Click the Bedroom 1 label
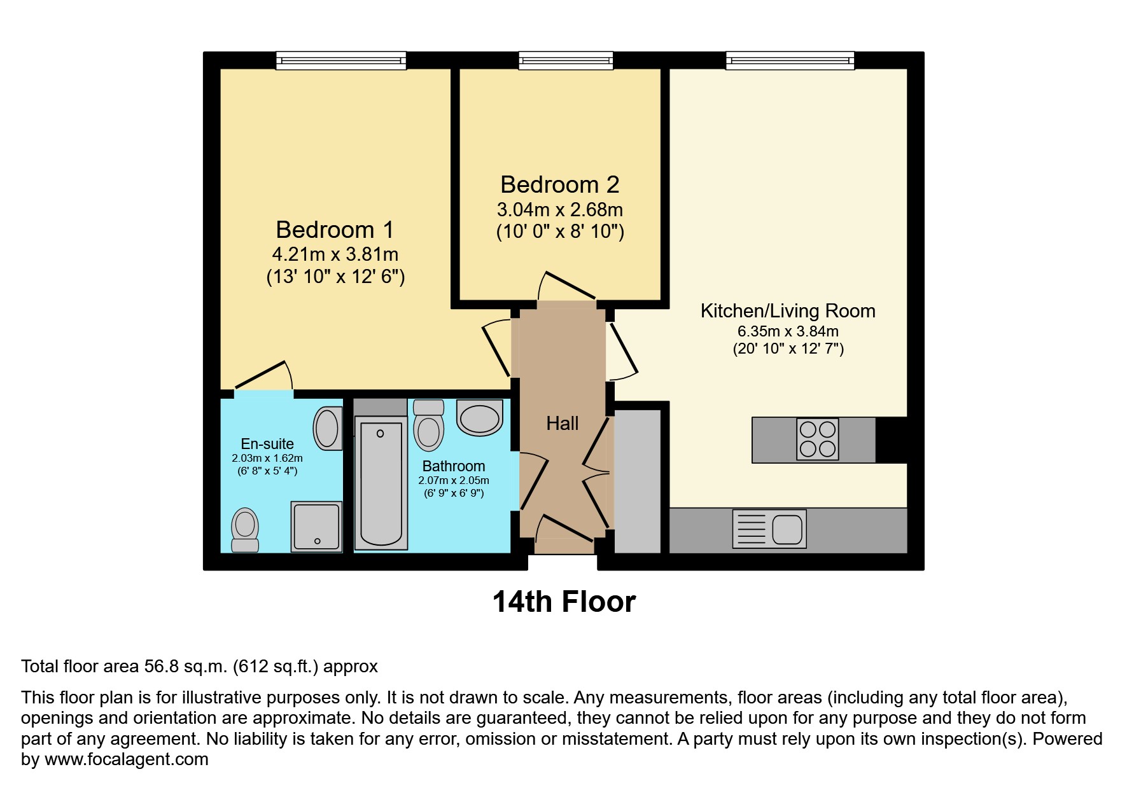point(335,230)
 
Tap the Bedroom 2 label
point(559,184)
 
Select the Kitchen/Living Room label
point(788,311)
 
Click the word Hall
point(563,424)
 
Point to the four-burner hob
point(818,439)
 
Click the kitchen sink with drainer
point(769,529)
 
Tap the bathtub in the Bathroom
point(381,482)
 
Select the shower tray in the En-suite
point(316,526)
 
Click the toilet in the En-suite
point(245,530)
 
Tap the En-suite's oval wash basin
point(327,428)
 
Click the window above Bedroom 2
point(566,61)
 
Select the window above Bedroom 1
point(341,61)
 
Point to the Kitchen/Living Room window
point(790,61)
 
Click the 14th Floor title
point(564,602)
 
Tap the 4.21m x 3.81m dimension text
point(335,254)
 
